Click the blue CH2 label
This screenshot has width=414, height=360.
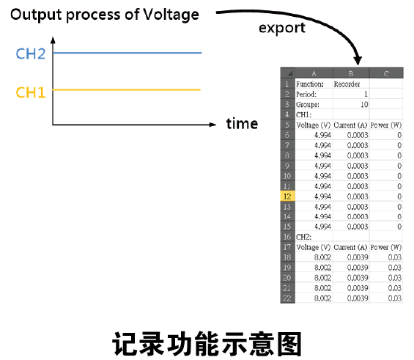pos(31,54)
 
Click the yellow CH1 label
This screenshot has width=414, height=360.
pos(31,92)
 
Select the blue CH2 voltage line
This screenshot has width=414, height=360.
pos(127,53)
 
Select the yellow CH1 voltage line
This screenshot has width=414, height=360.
pos(127,89)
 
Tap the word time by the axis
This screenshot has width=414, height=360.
pos(242,124)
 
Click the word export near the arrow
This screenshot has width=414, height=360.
pos(282,28)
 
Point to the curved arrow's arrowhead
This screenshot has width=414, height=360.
pos(358,60)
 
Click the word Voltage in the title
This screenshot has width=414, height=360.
pos(171,15)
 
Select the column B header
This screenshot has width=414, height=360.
pos(351,73)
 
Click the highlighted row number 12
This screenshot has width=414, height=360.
pos(287,196)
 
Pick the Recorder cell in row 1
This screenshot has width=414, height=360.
pos(347,84)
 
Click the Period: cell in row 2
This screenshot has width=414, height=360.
pos(306,95)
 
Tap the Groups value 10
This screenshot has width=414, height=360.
pos(364,105)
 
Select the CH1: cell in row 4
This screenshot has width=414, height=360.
pos(303,114)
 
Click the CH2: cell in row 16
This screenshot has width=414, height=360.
pos(303,237)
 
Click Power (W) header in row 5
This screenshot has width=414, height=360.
pos(386,125)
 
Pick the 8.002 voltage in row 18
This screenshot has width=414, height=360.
pos(322,257)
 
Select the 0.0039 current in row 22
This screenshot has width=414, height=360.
pos(358,298)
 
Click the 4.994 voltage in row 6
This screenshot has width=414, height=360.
pos(322,135)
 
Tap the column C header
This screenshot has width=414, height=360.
pos(386,73)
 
